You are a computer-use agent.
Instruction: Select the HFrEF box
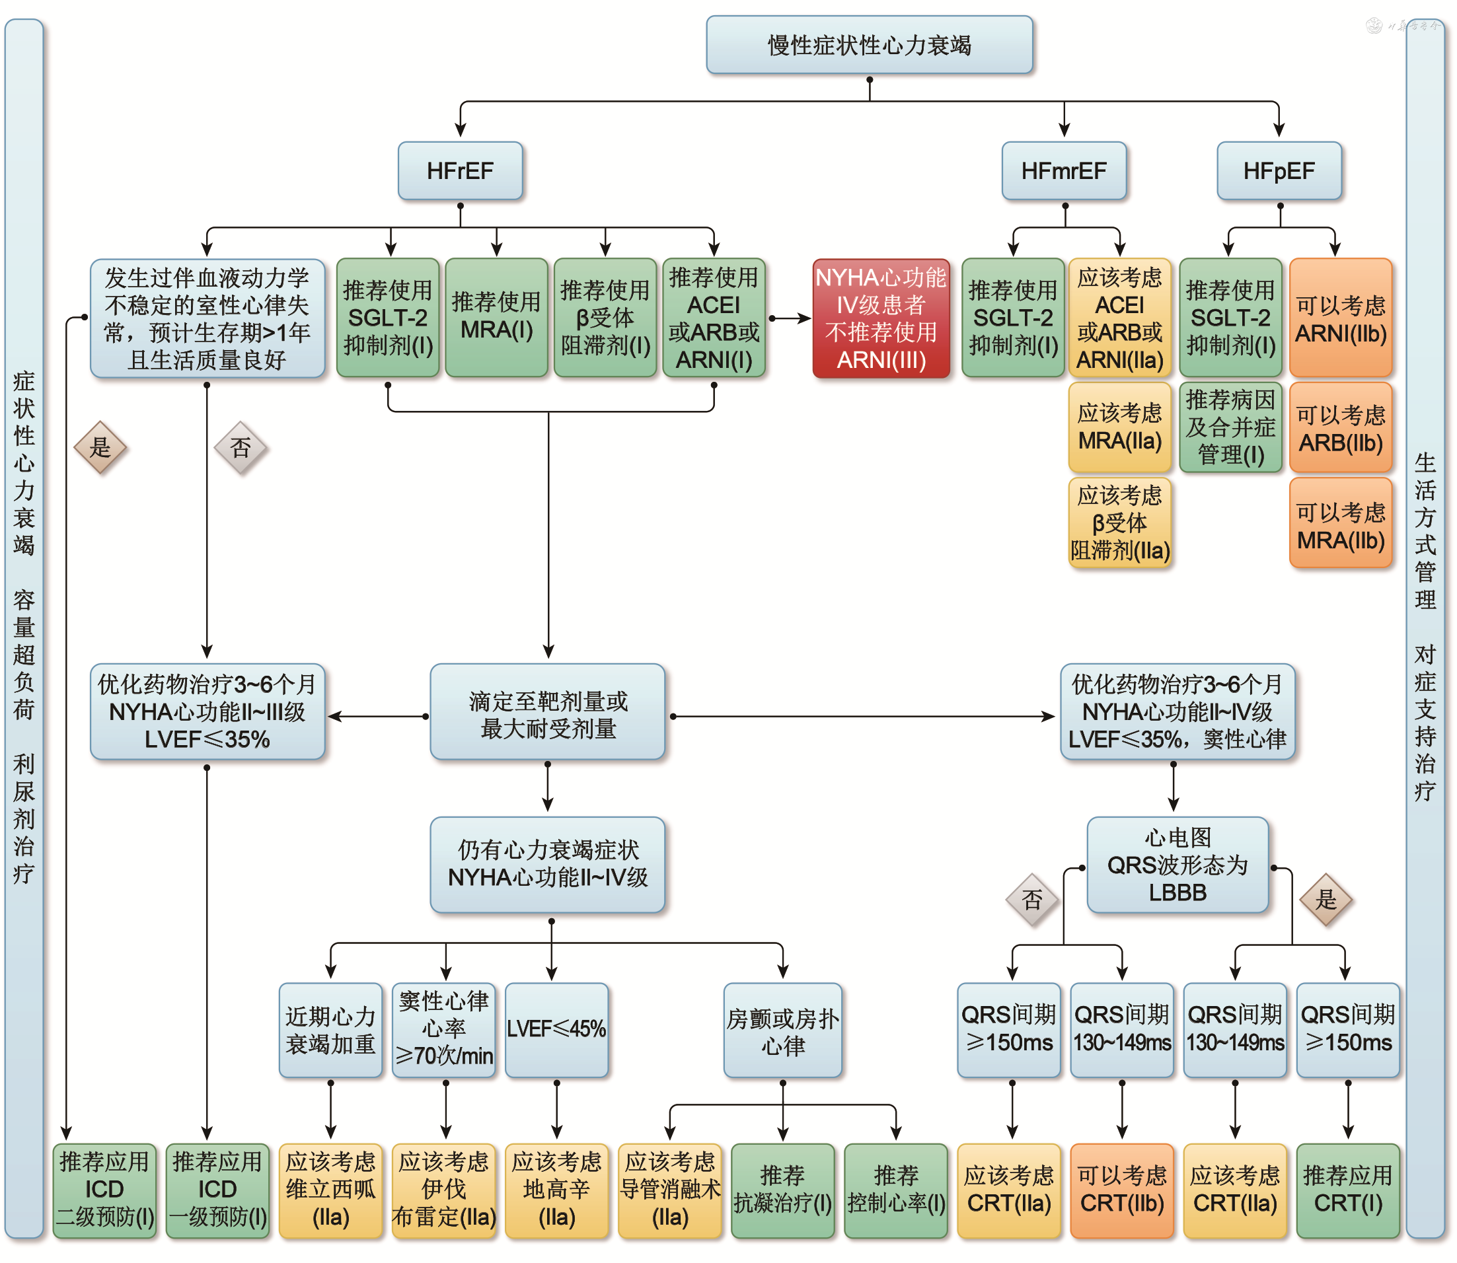coord(460,170)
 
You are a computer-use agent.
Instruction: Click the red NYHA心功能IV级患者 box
coord(880,318)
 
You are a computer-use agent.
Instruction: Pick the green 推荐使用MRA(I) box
coord(496,317)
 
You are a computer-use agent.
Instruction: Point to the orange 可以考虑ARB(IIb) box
coord(1340,428)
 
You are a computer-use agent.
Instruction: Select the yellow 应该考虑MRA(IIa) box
coord(1119,427)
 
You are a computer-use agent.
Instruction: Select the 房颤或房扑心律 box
coord(782,1030)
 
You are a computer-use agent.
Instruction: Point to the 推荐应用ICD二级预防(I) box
coord(104,1190)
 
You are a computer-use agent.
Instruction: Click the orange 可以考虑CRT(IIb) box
coord(1121,1190)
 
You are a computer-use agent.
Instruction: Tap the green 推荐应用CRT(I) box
coord(1347,1190)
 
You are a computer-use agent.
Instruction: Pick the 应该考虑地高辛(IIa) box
coord(556,1190)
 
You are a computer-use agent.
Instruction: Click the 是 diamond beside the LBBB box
coord(1326,899)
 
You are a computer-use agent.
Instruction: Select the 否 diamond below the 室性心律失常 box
coord(241,448)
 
